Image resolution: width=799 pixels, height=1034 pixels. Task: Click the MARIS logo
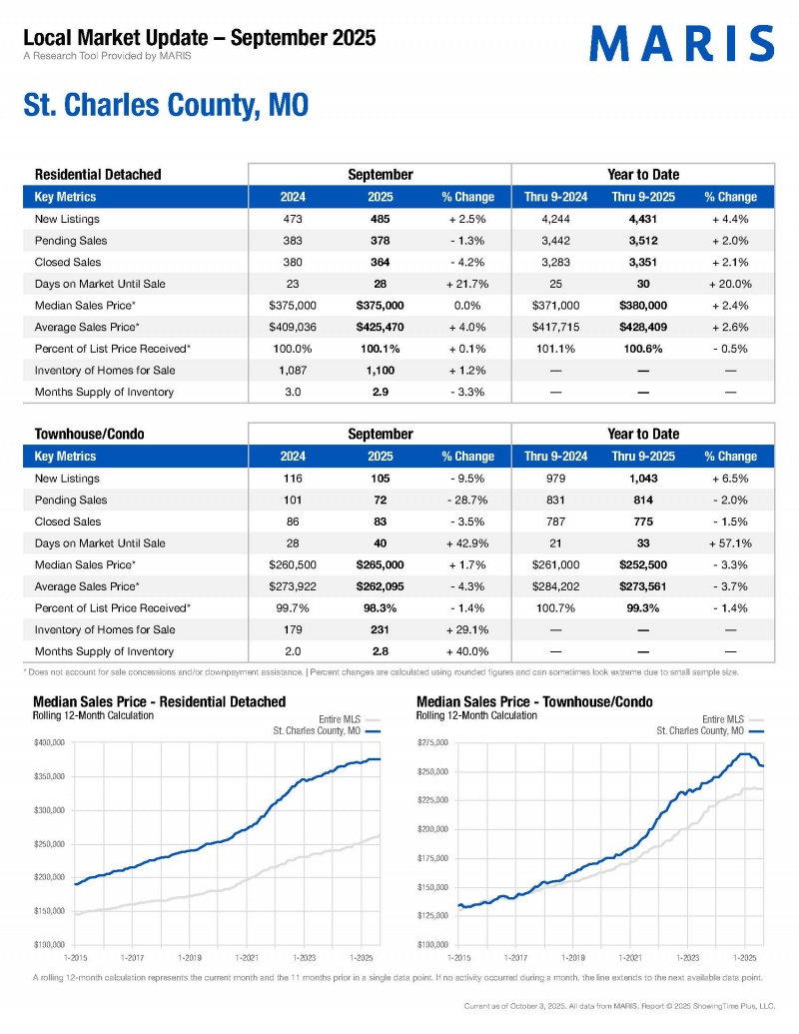pyautogui.click(x=681, y=44)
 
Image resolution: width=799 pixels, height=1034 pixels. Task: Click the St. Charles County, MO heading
pyautogui.click(x=166, y=106)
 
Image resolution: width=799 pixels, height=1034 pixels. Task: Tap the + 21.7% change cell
pyautogui.click(x=467, y=284)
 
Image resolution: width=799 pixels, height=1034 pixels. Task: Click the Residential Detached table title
pyautogui.click(x=98, y=175)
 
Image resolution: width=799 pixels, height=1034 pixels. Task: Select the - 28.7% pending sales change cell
pyautogui.click(x=467, y=501)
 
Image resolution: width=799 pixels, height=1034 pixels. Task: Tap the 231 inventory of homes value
pyautogui.click(x=380, y=630)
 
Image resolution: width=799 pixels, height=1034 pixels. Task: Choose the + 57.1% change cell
pyautogui.click(x=730, y=543)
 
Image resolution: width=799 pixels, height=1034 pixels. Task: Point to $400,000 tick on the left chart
pyautogui.click(x=51, y=742)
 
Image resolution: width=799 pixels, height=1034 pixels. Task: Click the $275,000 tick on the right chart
pyautogui.click(x=432, y=742)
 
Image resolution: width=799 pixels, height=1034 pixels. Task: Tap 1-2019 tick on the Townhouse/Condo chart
pyautogui.click(x=573, y=956)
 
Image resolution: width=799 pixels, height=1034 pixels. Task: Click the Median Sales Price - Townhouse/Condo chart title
pyautogui.click(x=533, y=702)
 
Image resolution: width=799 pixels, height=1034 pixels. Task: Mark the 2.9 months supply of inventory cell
pyautogui.click(x=380, y=392)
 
